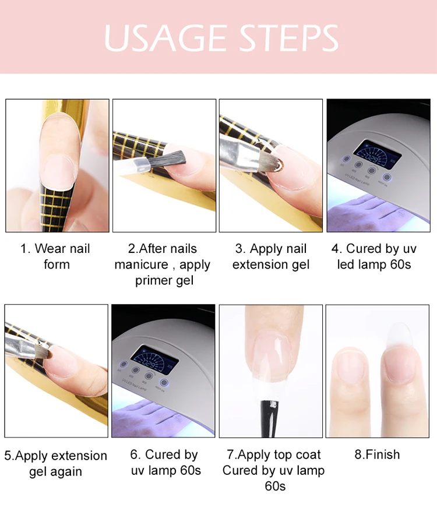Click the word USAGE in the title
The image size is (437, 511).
click(165, 38)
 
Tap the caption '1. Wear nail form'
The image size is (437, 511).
click(55, 256)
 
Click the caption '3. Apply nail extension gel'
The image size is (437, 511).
click(271, 256)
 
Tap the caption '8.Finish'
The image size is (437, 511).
click(377, 454)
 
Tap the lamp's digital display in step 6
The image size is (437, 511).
click(155, 359)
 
